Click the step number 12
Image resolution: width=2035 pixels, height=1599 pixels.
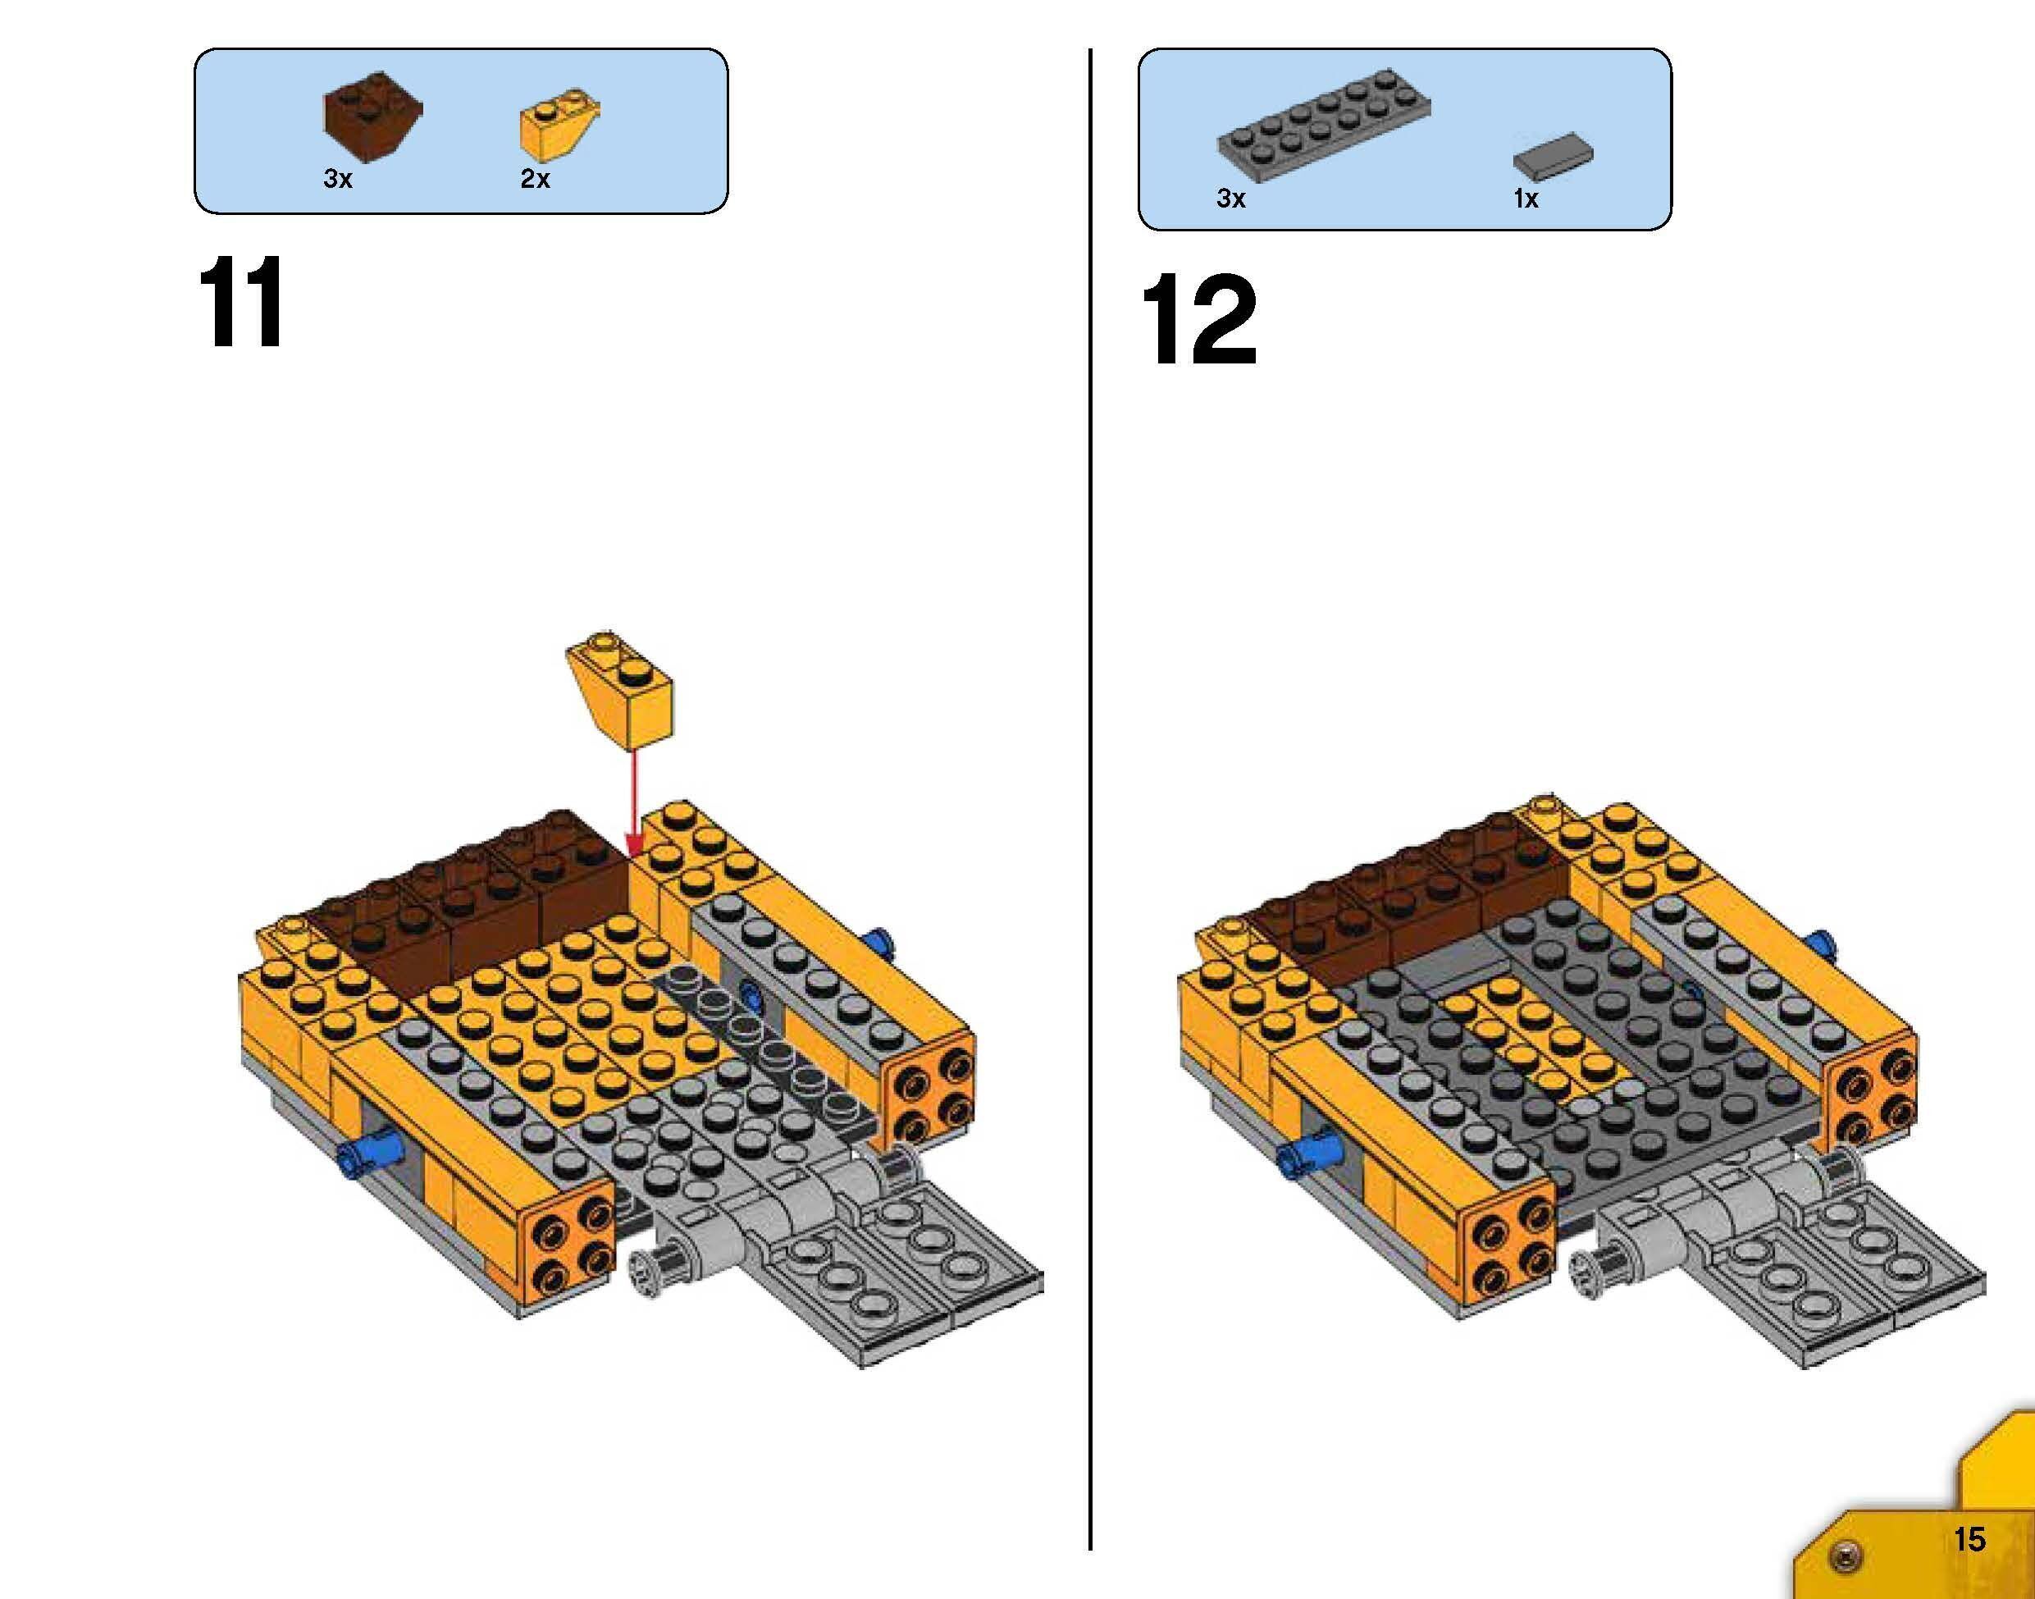[1199, 320]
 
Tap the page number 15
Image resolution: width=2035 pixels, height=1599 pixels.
[1969, 1539]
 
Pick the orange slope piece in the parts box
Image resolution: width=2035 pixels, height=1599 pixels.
[559, 126]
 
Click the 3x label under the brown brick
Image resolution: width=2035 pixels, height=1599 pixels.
[338, 179]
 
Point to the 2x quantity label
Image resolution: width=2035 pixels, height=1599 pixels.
[536, 179]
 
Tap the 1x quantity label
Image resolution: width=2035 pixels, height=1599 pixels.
[1526, 199]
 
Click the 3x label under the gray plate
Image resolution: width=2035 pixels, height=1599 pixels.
[1231, 199]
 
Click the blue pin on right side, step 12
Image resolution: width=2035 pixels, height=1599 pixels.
[1825, 947]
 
